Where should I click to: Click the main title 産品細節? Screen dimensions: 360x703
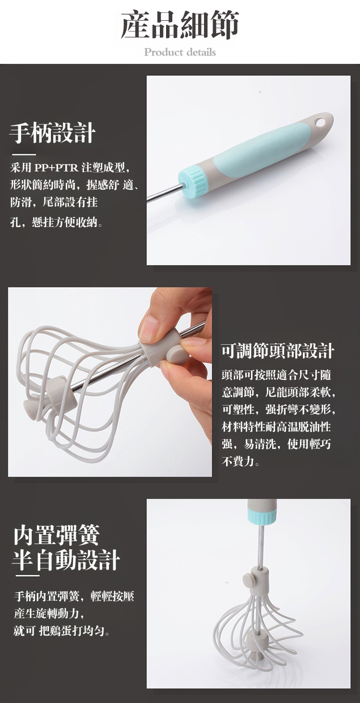[180, 25]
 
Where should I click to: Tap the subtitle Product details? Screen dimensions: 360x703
[180, 52]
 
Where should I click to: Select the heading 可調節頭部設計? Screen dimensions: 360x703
[278, 351]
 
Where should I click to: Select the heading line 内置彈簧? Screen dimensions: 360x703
[57, 535]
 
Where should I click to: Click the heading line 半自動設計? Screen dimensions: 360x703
[66, 560]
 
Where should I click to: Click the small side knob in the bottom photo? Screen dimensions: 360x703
[248, 579]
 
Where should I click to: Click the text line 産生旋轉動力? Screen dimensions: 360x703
[49, 613]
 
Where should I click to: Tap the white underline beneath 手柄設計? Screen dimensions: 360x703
[24, 155]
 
